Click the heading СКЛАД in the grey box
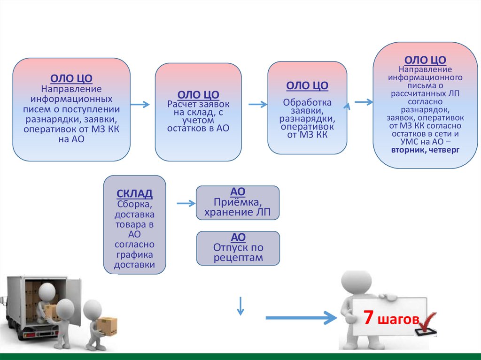[134, 194]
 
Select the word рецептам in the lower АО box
[238, 258]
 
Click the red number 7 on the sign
[369, 318]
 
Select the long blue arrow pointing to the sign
[301, 318]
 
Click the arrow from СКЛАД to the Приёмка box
[186, 203]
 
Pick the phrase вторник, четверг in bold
[427, 150]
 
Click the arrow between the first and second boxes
[140, 104]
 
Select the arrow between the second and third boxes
[257, 104]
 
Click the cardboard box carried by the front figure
[107, 326]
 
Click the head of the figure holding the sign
[356, 282]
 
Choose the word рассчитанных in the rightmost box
[425, 93]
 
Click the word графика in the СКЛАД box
[134, 255]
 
